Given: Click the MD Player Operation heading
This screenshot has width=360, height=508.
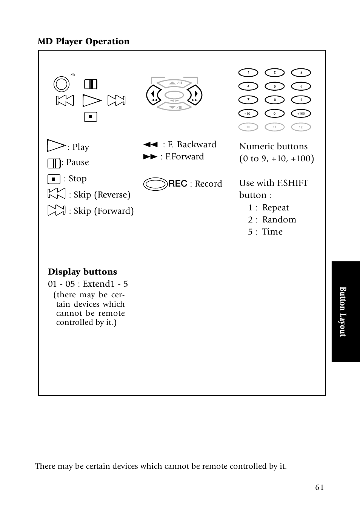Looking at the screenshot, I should [x=83, y=42].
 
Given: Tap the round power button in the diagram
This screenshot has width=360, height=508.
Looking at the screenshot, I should [x=62, y=84].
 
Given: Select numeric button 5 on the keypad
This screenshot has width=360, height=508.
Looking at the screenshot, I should [x=275, y=86].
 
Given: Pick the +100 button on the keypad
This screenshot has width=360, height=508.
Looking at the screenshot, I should [x=301, y=113].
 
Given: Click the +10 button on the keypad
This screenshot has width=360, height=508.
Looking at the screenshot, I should [x=248, y=113].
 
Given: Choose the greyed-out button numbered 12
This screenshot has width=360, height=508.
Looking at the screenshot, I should [x=301, y=127].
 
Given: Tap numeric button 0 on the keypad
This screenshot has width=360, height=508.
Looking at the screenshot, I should [x=275, y=113].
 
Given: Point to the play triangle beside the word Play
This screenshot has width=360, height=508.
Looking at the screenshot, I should [x=56, y=146].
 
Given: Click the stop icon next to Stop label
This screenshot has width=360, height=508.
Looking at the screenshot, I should [x=54, y=179].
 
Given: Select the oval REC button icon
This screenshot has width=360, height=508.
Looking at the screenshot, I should [x=155, y=184].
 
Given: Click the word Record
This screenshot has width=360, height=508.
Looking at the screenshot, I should [x=208, y=184].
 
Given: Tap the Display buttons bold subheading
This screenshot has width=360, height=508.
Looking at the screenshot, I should [x=82, y=272].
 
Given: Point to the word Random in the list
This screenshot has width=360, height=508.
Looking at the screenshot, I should [x=279, y=220].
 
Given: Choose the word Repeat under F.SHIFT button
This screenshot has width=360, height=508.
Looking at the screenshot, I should [x=275, y=208].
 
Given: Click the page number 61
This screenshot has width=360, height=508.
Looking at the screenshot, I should [x=319, y=488].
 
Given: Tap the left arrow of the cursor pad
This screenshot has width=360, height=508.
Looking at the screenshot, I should [x=154, y=95].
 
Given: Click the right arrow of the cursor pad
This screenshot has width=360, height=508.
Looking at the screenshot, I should [x=195, y=95].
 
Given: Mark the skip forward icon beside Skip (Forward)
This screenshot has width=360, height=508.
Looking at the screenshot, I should [x=57, y=210].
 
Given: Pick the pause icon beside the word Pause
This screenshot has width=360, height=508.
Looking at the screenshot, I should [x=54, y=163].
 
